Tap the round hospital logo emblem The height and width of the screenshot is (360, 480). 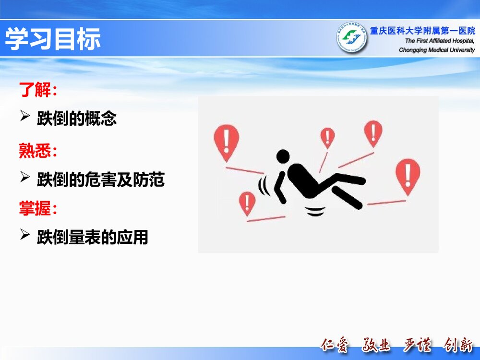click(351, 38)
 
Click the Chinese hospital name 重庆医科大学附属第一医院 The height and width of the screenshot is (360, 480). click(422, 31)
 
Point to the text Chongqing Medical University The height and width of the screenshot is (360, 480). click(437, 50)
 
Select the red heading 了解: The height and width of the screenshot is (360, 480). click(38, 89)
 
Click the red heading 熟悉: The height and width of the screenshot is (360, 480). click(38, 151)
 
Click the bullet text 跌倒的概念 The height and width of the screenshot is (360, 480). click(77, 119)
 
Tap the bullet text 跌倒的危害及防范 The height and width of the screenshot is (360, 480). click(101, 180)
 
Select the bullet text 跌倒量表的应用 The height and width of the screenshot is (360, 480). click(93, 237)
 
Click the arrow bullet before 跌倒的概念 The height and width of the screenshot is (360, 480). click(25, 117)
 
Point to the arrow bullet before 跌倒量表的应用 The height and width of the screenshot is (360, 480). click(25, 235)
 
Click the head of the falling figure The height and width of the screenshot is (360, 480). click(283, 156)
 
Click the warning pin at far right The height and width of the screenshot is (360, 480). click(408, 175)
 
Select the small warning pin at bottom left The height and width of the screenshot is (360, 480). click(247, 203)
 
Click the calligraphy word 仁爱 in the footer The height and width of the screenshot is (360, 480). click(335, 345)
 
